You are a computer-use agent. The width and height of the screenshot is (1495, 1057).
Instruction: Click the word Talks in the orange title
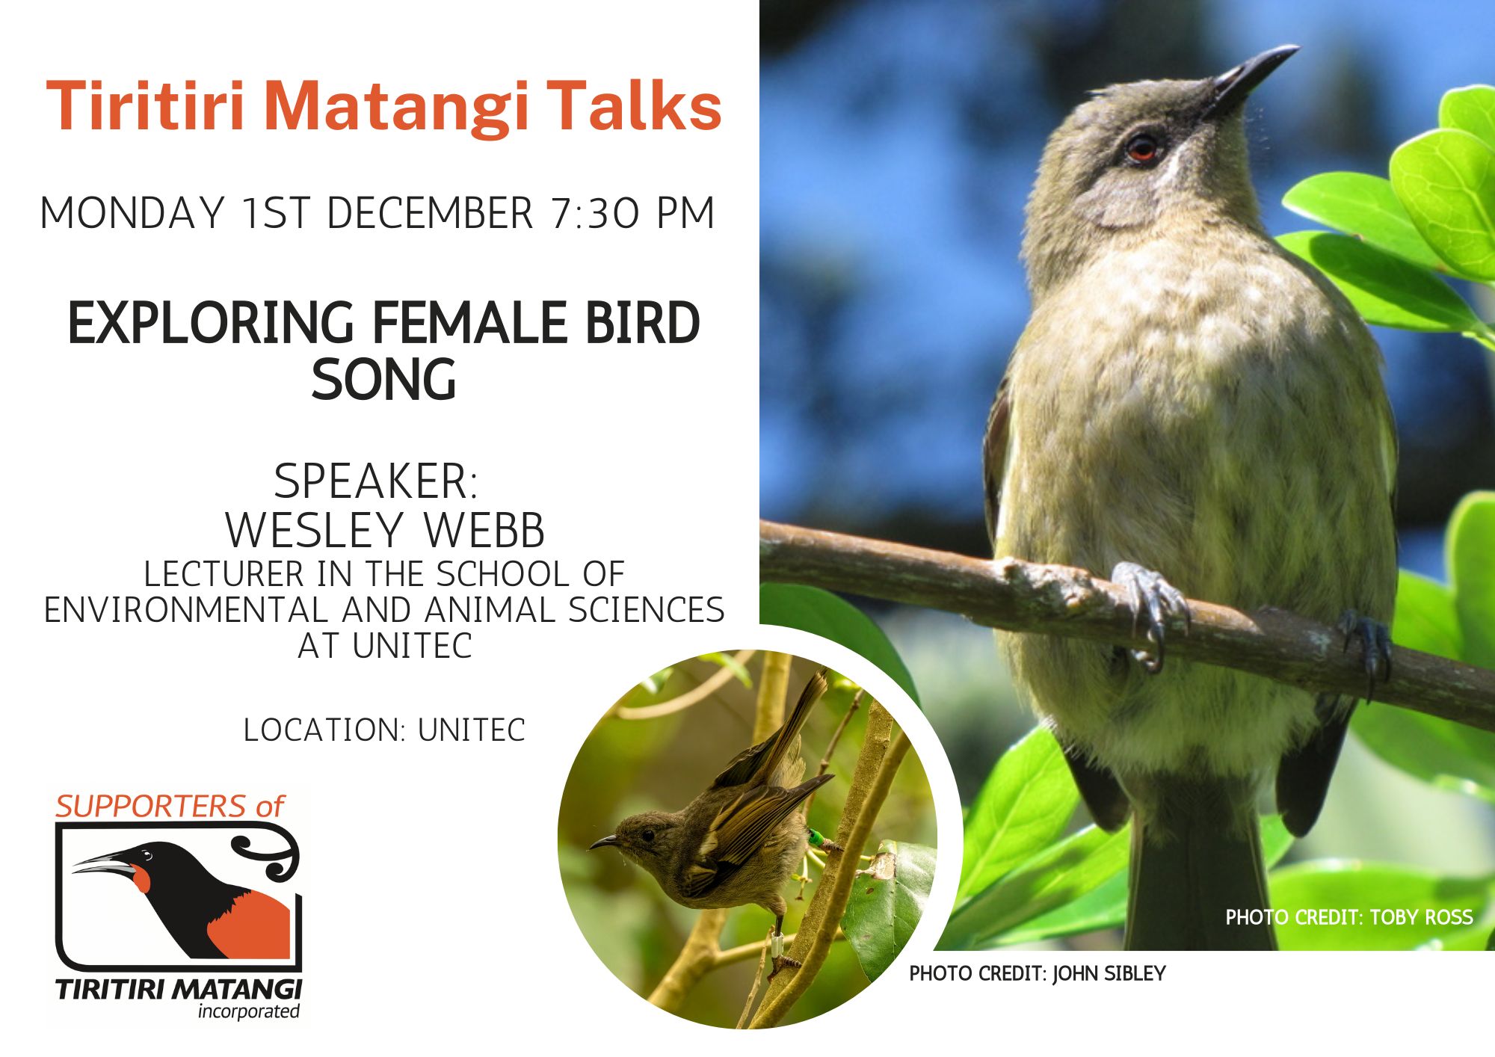point(635,106)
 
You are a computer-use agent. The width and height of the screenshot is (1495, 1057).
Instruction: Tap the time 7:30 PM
point(633,213)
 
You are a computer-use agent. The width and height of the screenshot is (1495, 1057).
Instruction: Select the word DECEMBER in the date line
point(430,213)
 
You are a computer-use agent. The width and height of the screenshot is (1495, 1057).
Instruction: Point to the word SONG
point(383,380)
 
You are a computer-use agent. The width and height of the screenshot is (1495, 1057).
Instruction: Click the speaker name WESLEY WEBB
point(385,530)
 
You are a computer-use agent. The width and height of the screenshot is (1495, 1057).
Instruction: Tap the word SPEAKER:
point(375,481)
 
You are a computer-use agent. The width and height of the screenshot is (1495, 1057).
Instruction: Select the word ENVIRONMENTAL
point(186,610)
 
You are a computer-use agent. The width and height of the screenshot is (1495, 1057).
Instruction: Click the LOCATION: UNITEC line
point(384,730)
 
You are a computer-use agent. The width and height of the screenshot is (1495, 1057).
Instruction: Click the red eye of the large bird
point(1141,148)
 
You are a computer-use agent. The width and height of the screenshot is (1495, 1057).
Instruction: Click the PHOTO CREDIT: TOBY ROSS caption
point(1348,917)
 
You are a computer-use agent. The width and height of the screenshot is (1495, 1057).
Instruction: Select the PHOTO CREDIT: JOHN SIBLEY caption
point(1037,973)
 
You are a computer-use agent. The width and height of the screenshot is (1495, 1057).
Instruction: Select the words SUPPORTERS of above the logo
point(170,807)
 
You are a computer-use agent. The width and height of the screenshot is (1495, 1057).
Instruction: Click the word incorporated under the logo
point(248,1011)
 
